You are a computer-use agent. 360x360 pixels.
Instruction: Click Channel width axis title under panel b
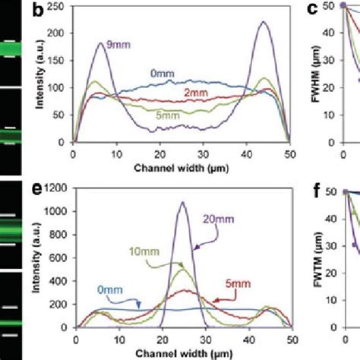point(180,166)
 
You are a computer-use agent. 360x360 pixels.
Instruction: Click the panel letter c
point(311,10)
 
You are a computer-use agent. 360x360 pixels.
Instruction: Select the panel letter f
point(311,188)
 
